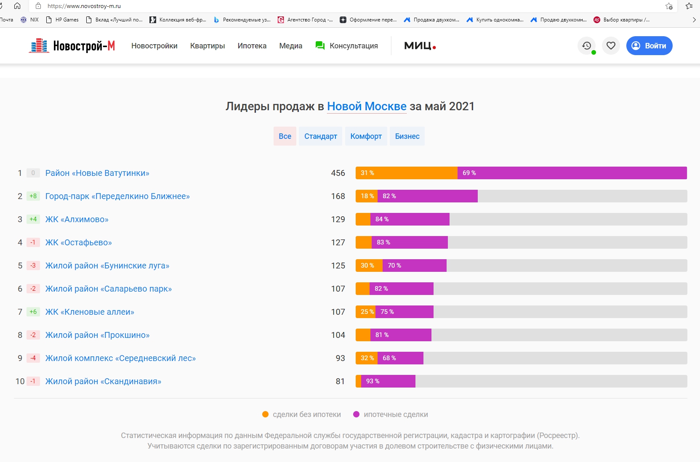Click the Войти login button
(x=649, y=46)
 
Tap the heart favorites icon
(x=611, y=46)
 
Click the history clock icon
(x=587, y=46)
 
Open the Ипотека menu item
(x=252, y=46)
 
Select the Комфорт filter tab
(x=366, y=136)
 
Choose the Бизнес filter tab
(x=407, y=136)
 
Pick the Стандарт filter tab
(x=320, y=136)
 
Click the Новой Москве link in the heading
(x=367, y=106)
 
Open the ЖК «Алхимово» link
(x=77, y=219)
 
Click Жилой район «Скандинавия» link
(x=103, y=381)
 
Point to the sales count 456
(x=338, y=173)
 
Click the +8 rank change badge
(x=33, y=196)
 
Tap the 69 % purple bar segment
(x=572, y=173)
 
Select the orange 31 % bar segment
(x=406, y=173)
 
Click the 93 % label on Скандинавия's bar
(x=373, y=381)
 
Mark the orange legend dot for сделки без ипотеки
(x=266, y=414)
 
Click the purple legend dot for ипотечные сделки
(x=357, y=414)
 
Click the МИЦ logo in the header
(x=420, y=46)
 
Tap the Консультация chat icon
(x=320, y=46)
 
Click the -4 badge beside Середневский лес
(x=33, y=358)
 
